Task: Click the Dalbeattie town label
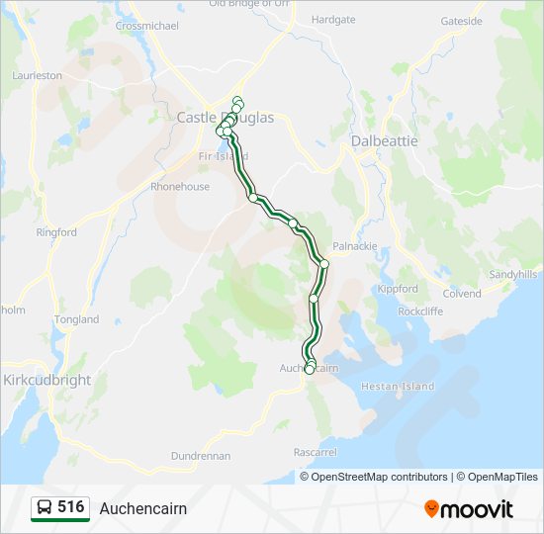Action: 385,141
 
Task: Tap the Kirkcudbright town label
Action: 46,380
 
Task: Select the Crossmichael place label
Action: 146,25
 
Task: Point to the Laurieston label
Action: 36,75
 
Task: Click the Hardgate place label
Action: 332,19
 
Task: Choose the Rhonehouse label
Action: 179,186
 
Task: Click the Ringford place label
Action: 56,232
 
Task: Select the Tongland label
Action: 77,319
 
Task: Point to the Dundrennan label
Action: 201,456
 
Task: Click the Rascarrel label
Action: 316,452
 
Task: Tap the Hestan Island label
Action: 398,387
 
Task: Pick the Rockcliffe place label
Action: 420,311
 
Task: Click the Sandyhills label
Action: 513,274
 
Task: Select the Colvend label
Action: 462,294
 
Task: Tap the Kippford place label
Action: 398,289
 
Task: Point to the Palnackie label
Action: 355,246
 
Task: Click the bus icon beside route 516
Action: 45,508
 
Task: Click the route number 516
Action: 70,507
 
